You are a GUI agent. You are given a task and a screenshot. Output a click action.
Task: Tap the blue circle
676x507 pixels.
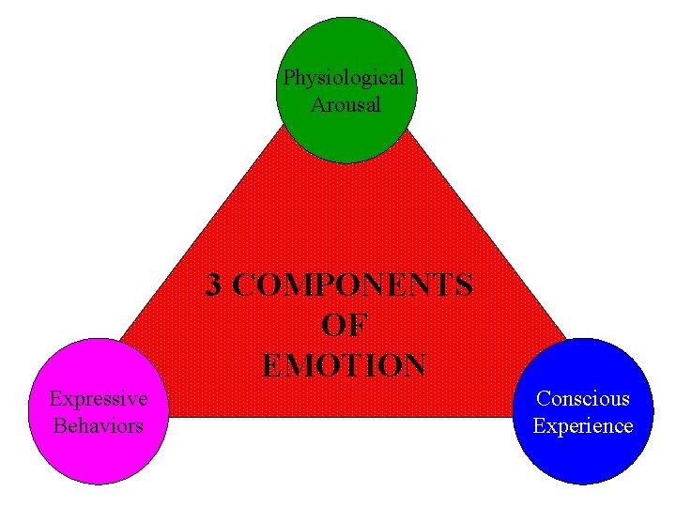[x=582, y=455]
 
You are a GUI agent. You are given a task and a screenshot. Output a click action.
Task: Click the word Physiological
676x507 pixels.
[x=345, y=77]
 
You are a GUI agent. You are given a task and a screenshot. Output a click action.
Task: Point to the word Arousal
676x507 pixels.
[x=346, y=104]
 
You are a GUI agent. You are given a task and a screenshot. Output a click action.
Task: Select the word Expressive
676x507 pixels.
[x=99, y=398]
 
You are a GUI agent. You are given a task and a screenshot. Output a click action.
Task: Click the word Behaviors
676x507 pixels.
[x=99, y=425]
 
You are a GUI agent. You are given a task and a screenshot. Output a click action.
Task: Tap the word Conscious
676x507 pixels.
[x=583, y=398]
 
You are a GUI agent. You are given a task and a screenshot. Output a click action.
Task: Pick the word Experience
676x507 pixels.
[x=583, y=425]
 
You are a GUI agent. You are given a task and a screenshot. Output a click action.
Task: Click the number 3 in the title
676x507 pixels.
[x=215, y=284]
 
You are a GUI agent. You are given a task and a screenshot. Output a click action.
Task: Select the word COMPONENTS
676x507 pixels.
[x=353, y=284]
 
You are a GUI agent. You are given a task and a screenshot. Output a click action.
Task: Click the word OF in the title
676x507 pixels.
[x=345, y=325]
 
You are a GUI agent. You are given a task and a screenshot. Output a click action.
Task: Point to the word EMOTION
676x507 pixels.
[x=345, y=364]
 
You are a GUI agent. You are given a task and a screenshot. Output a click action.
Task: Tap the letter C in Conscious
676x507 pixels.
[x=543, y=398]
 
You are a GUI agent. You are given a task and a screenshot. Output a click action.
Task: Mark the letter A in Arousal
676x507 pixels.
[x=317, y=104]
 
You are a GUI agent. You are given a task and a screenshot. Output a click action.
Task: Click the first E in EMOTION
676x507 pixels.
[x=272, y=364]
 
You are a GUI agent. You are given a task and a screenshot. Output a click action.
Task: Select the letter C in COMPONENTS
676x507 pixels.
[x=243, y=284]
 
